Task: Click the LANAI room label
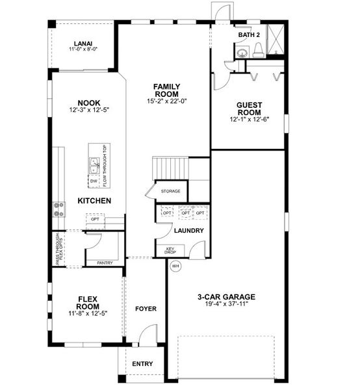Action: click(83, 44)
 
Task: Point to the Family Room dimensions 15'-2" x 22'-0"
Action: click(166, 101)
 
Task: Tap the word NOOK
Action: click(88, 103)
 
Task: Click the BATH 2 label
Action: click(248, 34)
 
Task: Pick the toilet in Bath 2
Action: click(258, 50)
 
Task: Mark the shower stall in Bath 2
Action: click(276, 41)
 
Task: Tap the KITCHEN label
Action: click(94, 201)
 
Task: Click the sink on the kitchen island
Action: click(94, 165)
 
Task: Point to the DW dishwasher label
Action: click(94, 181)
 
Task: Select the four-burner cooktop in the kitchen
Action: click(59, 208)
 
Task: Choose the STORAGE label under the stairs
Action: click(171, 191)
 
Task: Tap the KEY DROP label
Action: click(172, 252)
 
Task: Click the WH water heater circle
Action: click(175, 266)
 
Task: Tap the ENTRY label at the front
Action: click(142, 363)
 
